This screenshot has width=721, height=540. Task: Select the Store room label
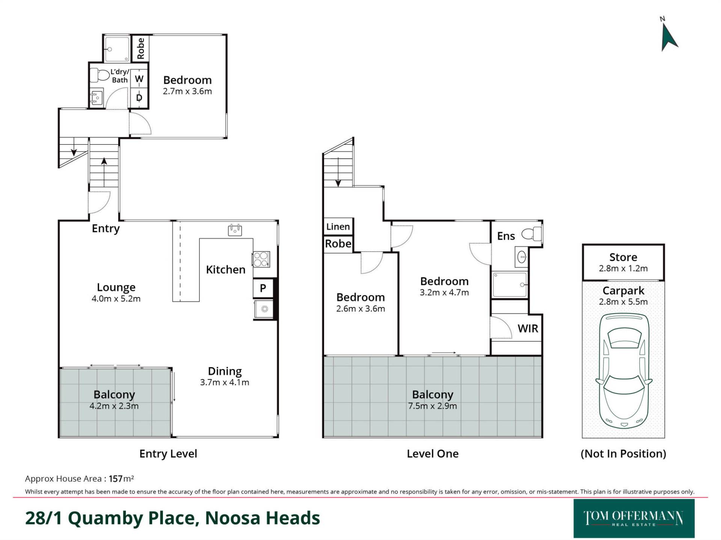click(623, 257)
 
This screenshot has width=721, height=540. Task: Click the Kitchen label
click(226, 270)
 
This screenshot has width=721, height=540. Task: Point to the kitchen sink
click(235, 229)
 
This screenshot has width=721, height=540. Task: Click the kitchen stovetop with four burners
click(261, 259)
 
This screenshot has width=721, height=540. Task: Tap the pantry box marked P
click(263, 288)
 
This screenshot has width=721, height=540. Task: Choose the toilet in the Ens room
click(532, 234)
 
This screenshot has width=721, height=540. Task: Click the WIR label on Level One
click(528, 328)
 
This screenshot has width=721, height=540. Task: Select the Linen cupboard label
click(338, 226)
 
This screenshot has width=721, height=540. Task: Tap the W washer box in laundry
click(139, 79)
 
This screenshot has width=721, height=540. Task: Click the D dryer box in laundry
click(139, 98)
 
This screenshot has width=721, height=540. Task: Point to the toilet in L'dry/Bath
click(99, 75)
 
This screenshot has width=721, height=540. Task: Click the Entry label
click(106, 228)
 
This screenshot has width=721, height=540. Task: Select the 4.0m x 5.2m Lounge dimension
click(116, 299)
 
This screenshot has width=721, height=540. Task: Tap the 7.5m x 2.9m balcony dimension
click(433, 406)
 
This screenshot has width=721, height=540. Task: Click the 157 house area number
click(116, 479)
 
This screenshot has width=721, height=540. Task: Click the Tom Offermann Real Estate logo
click(634, 518)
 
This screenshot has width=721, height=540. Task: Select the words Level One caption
click(433, 454)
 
